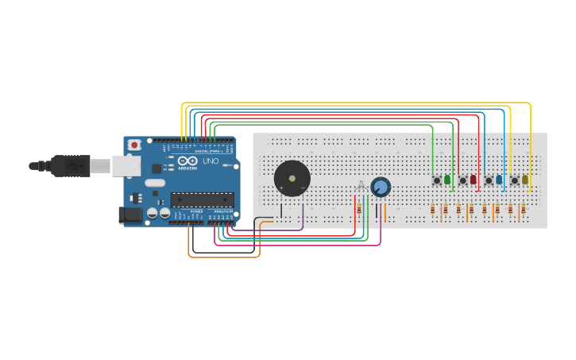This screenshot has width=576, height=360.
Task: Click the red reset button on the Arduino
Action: click(x=134, y=145)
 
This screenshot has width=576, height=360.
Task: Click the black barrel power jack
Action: click(x=130, y=215)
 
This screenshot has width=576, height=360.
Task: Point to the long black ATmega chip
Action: click(x=203, y=199)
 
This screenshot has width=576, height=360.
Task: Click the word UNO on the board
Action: click(x=211, y=161)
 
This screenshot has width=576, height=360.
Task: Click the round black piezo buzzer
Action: click(x=292, y=179)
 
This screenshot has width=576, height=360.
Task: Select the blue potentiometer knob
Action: click(x=381, y=187)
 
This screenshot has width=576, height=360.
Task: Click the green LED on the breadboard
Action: click(x=447, y=180)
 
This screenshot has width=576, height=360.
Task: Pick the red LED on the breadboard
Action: click(x=474, y=180)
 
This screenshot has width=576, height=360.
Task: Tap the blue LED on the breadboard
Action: click(x=499, y=180)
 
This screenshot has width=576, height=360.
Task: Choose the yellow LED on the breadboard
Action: click(x=525, y=180)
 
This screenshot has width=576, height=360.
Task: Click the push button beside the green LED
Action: click(x=437, y=180)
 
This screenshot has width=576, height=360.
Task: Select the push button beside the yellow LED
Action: click(x=514, y=180)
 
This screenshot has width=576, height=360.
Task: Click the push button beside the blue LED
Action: click(x=489, y=180)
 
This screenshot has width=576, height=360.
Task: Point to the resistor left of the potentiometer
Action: click(x=359, y=208)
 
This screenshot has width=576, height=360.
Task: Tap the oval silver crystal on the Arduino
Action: click(x=155, y=183)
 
